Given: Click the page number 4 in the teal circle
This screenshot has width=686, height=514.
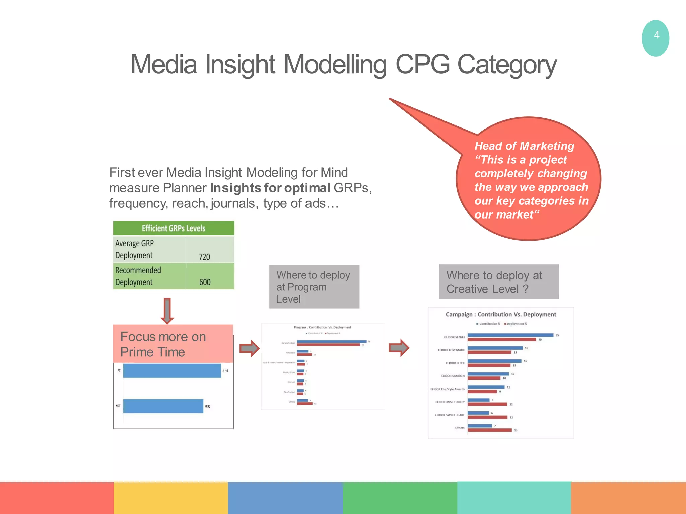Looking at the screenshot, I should coord(656,35).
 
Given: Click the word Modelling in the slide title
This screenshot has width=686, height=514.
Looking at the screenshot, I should coord(335,64).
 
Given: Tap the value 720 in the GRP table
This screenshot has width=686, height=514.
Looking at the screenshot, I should coord(204,257).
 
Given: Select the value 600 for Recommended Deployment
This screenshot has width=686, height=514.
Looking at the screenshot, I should coord(205,282).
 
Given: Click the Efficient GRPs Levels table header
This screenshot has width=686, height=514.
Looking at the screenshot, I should coord(174,228).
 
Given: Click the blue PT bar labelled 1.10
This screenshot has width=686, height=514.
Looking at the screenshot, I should coord(172,371).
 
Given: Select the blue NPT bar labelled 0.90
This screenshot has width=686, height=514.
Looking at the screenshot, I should coord(163,406).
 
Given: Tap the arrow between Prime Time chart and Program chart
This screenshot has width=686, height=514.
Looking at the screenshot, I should coord(250,348).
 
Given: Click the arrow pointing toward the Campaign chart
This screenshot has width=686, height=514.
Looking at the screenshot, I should coord(399,348).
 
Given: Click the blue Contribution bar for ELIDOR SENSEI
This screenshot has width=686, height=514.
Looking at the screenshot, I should coord(510,335).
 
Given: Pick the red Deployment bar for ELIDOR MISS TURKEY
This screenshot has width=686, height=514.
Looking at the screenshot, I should coord(487,404).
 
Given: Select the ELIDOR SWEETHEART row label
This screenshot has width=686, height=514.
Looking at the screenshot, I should coord(450,415).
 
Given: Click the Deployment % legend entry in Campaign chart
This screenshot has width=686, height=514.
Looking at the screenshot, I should coord(516,324).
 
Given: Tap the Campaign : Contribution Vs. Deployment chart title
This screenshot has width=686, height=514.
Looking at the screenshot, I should coord(501,314).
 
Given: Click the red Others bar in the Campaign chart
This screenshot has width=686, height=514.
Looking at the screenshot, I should coord(489,430).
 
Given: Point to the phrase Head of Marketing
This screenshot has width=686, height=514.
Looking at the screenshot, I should coord(524,146).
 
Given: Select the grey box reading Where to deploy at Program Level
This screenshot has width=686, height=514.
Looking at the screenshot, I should coord(314,287).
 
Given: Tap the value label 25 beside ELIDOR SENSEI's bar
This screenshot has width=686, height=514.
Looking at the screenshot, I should coord(557,335).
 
